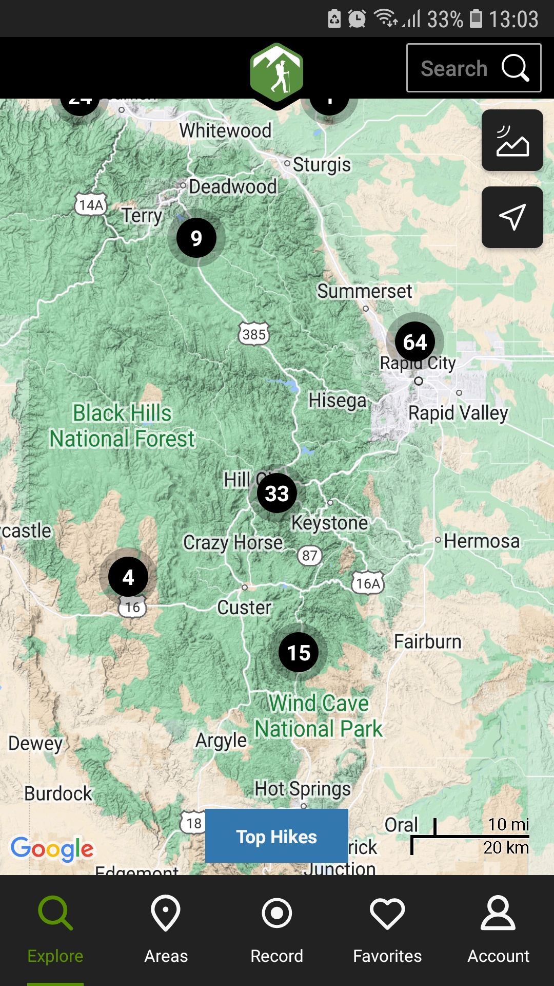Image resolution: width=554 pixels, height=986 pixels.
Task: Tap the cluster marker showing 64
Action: tap(415, 342)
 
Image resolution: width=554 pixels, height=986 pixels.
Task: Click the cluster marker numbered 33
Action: tap(276, 494)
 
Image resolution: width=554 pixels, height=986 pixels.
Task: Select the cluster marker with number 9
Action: tap(196, 238)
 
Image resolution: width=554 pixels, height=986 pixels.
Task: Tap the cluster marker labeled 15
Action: tap(299, 653)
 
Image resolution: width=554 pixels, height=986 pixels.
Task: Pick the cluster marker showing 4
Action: tap(128, 577)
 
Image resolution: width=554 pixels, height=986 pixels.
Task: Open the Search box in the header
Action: tap(473, 68)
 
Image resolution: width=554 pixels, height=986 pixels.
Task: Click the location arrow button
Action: tap(512, 217)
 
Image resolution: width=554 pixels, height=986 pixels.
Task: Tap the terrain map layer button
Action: tap(512, 140)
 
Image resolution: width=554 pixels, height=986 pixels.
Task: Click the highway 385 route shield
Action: tap(254, 334)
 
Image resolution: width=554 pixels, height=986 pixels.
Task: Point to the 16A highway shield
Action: tap(368, 583)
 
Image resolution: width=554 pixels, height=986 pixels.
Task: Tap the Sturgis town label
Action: tap(322, 165)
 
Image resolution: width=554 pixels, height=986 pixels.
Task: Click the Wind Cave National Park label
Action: tap(319, 716)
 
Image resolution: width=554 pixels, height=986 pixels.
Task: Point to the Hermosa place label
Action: tap(481, 541)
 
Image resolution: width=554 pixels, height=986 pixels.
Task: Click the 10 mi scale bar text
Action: tap(507, 824)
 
